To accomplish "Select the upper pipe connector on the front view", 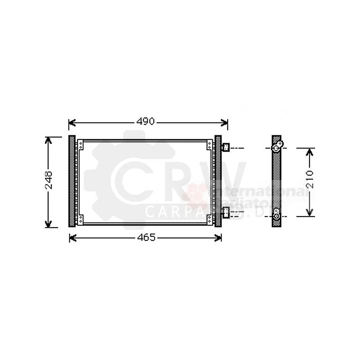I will tap(226, 147).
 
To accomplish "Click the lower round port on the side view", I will tap(277, 216).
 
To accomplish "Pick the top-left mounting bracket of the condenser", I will tap(81, 145).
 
